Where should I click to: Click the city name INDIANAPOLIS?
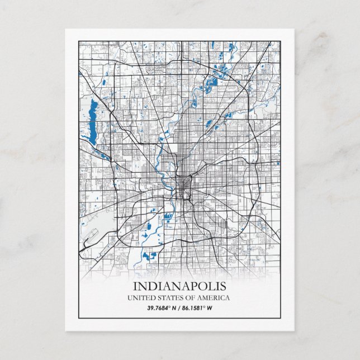click(180, 286)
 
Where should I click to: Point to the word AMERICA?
click(212, 298)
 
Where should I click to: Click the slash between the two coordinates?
click(180, 308)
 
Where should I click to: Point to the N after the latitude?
click(174, 308)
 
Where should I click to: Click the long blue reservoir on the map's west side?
click(91, 117)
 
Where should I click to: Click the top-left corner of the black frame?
click(79, 41)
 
